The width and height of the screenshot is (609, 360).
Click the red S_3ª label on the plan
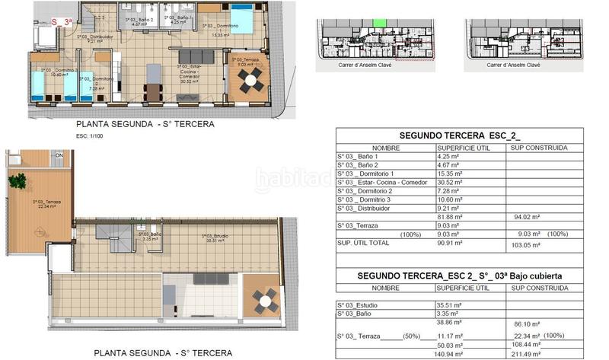tap(59, 23)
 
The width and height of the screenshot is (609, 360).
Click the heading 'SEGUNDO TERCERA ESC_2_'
tap(460, 136)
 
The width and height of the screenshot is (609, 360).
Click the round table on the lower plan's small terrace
tap(265, 301)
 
